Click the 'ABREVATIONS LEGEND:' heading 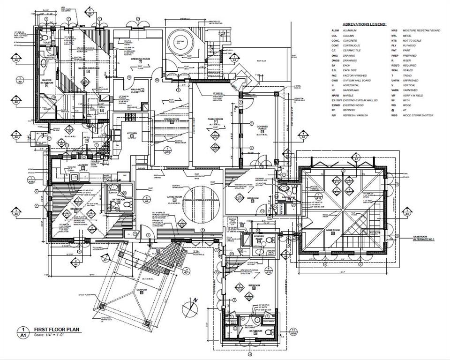click(x=364, y=24)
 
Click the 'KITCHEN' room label click(x=133, y=133)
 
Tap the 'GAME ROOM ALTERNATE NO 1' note click(x=424, y=239)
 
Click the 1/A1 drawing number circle click(x=21, y=333)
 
